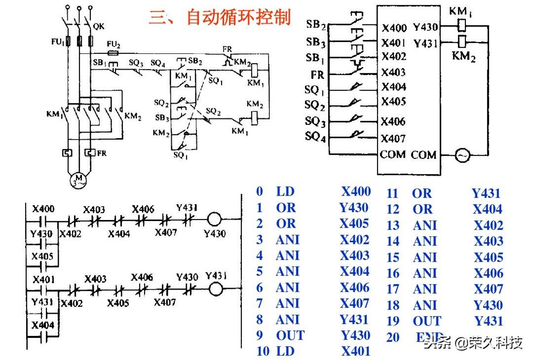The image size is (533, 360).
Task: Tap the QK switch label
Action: coord(98,23)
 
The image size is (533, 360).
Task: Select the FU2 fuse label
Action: coord(113,44)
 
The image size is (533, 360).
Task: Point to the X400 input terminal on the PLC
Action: coord(394,28)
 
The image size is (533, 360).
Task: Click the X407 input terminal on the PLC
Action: coord(393,139)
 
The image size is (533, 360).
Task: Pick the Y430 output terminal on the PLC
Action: coord(425,28)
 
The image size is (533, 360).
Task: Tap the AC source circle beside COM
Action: coord(462,156)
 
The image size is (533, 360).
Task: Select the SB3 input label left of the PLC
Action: coord(316,42)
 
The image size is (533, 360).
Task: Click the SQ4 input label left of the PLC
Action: coord(315,136)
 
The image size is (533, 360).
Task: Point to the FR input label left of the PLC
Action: coord(317,74)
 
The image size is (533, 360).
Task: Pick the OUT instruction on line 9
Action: coord(290,336)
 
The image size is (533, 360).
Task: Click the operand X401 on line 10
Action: coord(355,352)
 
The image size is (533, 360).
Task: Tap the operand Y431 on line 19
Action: coord(489,321)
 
